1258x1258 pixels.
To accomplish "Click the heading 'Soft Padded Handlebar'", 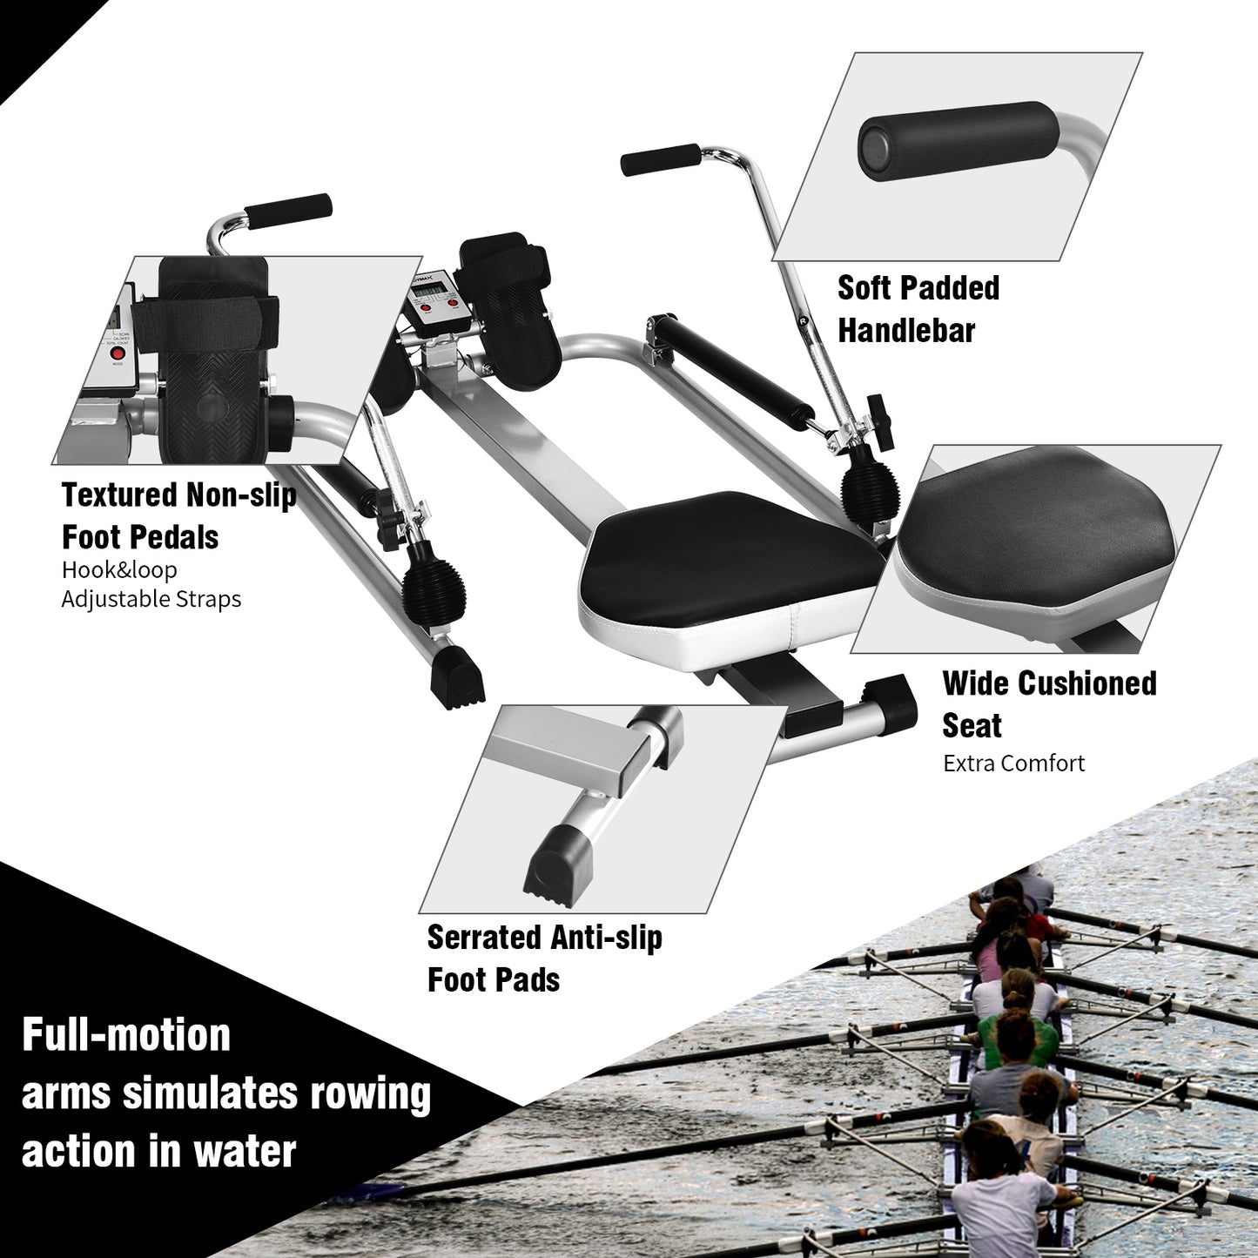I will [x=918, y=309].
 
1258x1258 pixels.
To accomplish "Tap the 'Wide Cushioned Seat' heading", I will [x=1048, y=703].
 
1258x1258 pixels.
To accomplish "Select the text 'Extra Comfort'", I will [x=1013, y=764].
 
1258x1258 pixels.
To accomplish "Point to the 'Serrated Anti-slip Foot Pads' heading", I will [x=544, y=958].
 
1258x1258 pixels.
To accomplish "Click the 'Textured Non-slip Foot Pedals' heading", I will [x=178, y=515].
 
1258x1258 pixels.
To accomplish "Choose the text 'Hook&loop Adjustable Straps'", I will [x=151, y=584].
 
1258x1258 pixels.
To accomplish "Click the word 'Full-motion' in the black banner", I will [x=126, y=1035].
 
